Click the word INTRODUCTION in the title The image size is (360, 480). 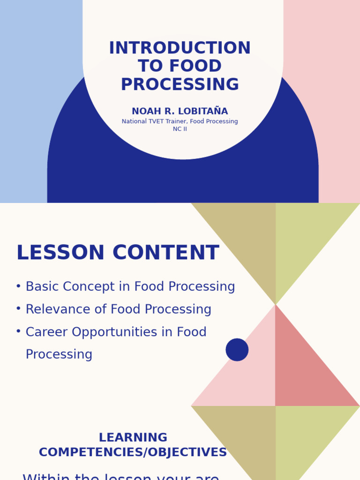[180, 48]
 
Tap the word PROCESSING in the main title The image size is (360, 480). [180, 85]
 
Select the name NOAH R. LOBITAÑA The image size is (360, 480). [180, 112]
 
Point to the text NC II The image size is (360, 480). [180, 129]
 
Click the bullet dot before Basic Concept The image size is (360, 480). [18, 286]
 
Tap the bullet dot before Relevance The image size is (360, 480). [18, 309]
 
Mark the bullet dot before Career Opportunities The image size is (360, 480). [18, 331]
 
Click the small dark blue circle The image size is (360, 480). [237, 350]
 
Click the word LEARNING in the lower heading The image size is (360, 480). [133, 438]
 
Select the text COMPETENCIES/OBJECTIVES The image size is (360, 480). [133, 452]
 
